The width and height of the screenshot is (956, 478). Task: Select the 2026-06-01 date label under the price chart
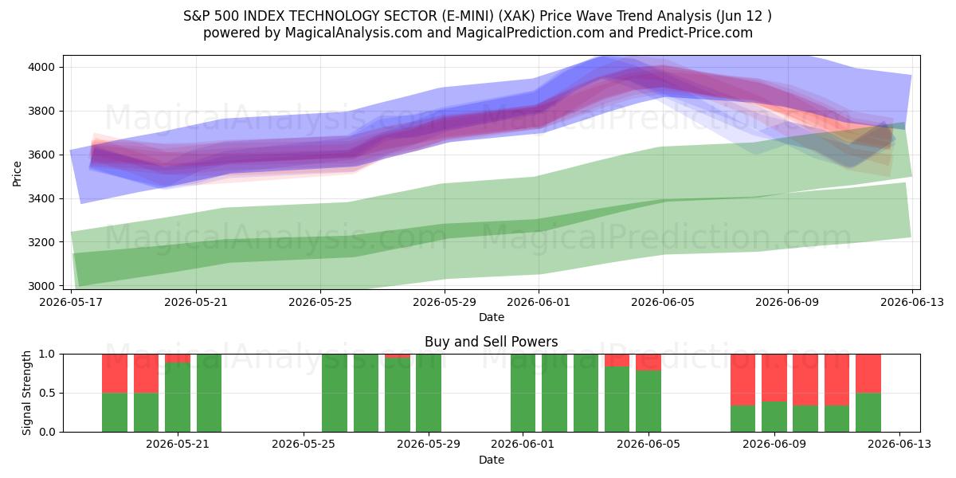539,302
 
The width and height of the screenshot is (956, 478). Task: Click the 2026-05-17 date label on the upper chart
71,302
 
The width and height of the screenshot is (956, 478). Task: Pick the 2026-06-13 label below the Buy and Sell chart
899,445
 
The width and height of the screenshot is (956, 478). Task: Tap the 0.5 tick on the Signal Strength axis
48,393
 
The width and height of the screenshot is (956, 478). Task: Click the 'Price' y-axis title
17,174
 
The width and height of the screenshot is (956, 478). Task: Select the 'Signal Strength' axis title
26,393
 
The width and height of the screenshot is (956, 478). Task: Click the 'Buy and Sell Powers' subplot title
492,342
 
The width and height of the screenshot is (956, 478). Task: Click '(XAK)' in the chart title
517,16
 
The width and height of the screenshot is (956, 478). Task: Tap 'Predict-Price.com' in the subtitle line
695,33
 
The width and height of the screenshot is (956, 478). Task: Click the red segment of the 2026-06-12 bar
868,374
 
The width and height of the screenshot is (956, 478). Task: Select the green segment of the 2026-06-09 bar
774,417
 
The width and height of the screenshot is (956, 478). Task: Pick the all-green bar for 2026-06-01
523,393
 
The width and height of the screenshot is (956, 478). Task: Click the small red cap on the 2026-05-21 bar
178,358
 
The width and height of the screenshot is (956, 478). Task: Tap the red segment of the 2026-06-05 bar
648,362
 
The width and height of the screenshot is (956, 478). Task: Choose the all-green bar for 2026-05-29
429,393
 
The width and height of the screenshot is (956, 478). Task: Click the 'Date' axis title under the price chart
492,317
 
